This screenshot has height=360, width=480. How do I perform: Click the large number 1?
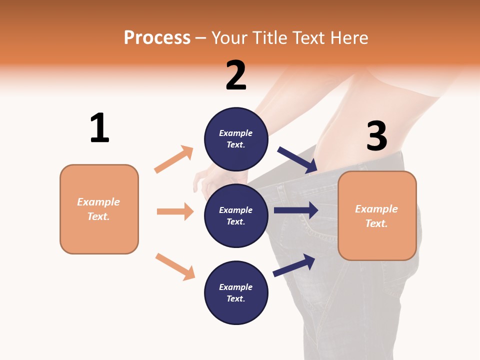[x=99, y=128]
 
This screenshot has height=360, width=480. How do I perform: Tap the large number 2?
[x=236, y=75]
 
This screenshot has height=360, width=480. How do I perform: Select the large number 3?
[x=376, y=136]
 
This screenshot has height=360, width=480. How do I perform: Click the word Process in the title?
[x=157, y=37]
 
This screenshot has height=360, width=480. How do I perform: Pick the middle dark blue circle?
[x=236, y=215]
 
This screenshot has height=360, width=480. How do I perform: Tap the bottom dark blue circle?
[x=236, y=292]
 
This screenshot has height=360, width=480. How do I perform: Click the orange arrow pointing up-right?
[x=174, y=159]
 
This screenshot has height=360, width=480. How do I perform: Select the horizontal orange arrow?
[x=175, y=211]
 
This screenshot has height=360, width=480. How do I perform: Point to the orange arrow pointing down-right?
[x=175, y=266]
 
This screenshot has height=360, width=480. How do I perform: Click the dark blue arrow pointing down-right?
[x=297, y=160]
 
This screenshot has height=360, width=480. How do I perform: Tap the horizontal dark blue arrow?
[x=296, y=210]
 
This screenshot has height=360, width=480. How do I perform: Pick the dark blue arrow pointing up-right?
[x=294, y=265]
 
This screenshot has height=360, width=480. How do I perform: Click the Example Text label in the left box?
[x=98, y=209]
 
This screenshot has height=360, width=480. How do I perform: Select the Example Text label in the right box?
[x=376, y=216]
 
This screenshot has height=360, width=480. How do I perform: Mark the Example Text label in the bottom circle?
[x=236, y=292]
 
